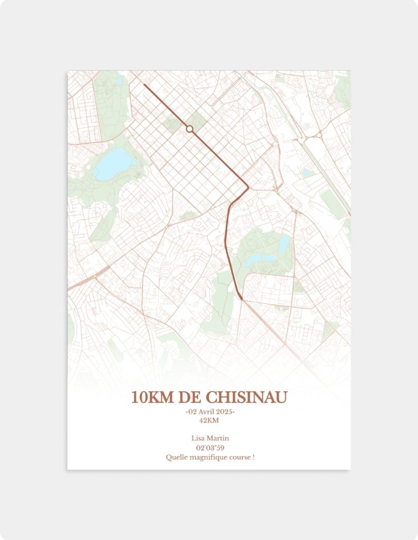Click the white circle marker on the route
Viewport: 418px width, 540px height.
[x=189, y=129]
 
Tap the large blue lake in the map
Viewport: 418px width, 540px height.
[x=112, y=163]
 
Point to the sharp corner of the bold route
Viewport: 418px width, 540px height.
[x=248, y=186]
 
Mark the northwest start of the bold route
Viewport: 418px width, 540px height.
[x=144, y=84]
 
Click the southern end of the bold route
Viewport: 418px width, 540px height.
[x=242, y=300]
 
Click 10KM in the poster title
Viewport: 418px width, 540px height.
[x=152, y=397]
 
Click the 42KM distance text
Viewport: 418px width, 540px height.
[x=209, y=420]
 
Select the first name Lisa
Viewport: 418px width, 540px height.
[x=198, y=438]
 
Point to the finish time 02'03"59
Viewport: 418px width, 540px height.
[x=210, y=448]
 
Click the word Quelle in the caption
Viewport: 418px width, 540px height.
[x=176, y=457]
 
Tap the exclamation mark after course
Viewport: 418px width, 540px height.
[x=254, y=457]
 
